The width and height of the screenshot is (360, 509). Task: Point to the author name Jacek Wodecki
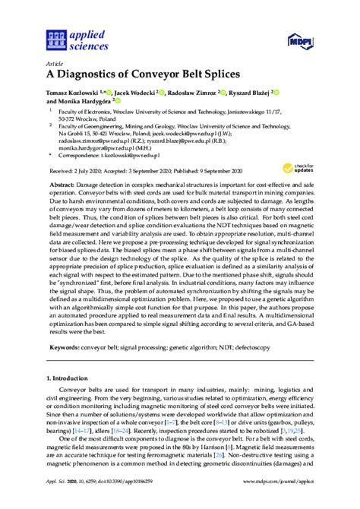143,93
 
